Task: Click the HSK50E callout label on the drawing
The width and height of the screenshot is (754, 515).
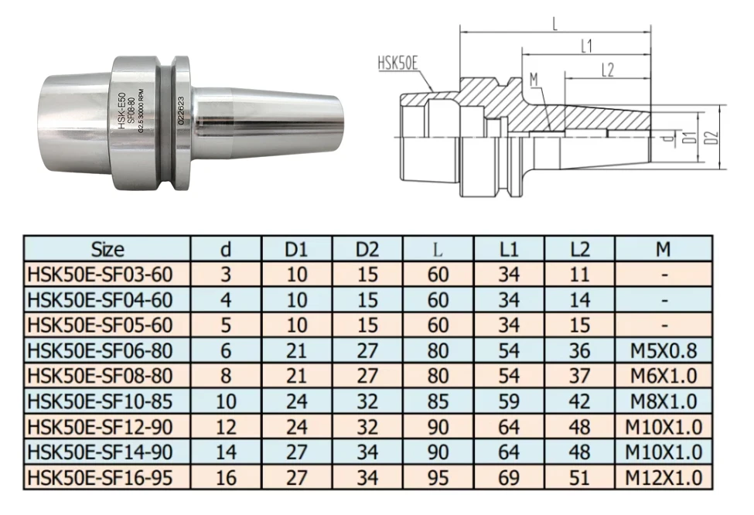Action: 397,64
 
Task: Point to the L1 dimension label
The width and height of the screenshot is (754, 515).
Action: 586,46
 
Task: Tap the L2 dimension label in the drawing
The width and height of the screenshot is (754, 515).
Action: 607,70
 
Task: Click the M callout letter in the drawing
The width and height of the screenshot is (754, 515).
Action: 534,80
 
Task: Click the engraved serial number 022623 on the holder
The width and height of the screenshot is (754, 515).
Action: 181,110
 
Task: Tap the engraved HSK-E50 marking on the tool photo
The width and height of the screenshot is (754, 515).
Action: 121,110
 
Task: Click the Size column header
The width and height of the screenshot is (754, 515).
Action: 107,249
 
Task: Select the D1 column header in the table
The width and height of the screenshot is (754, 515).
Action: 296,249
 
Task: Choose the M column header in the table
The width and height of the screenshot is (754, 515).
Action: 663,249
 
